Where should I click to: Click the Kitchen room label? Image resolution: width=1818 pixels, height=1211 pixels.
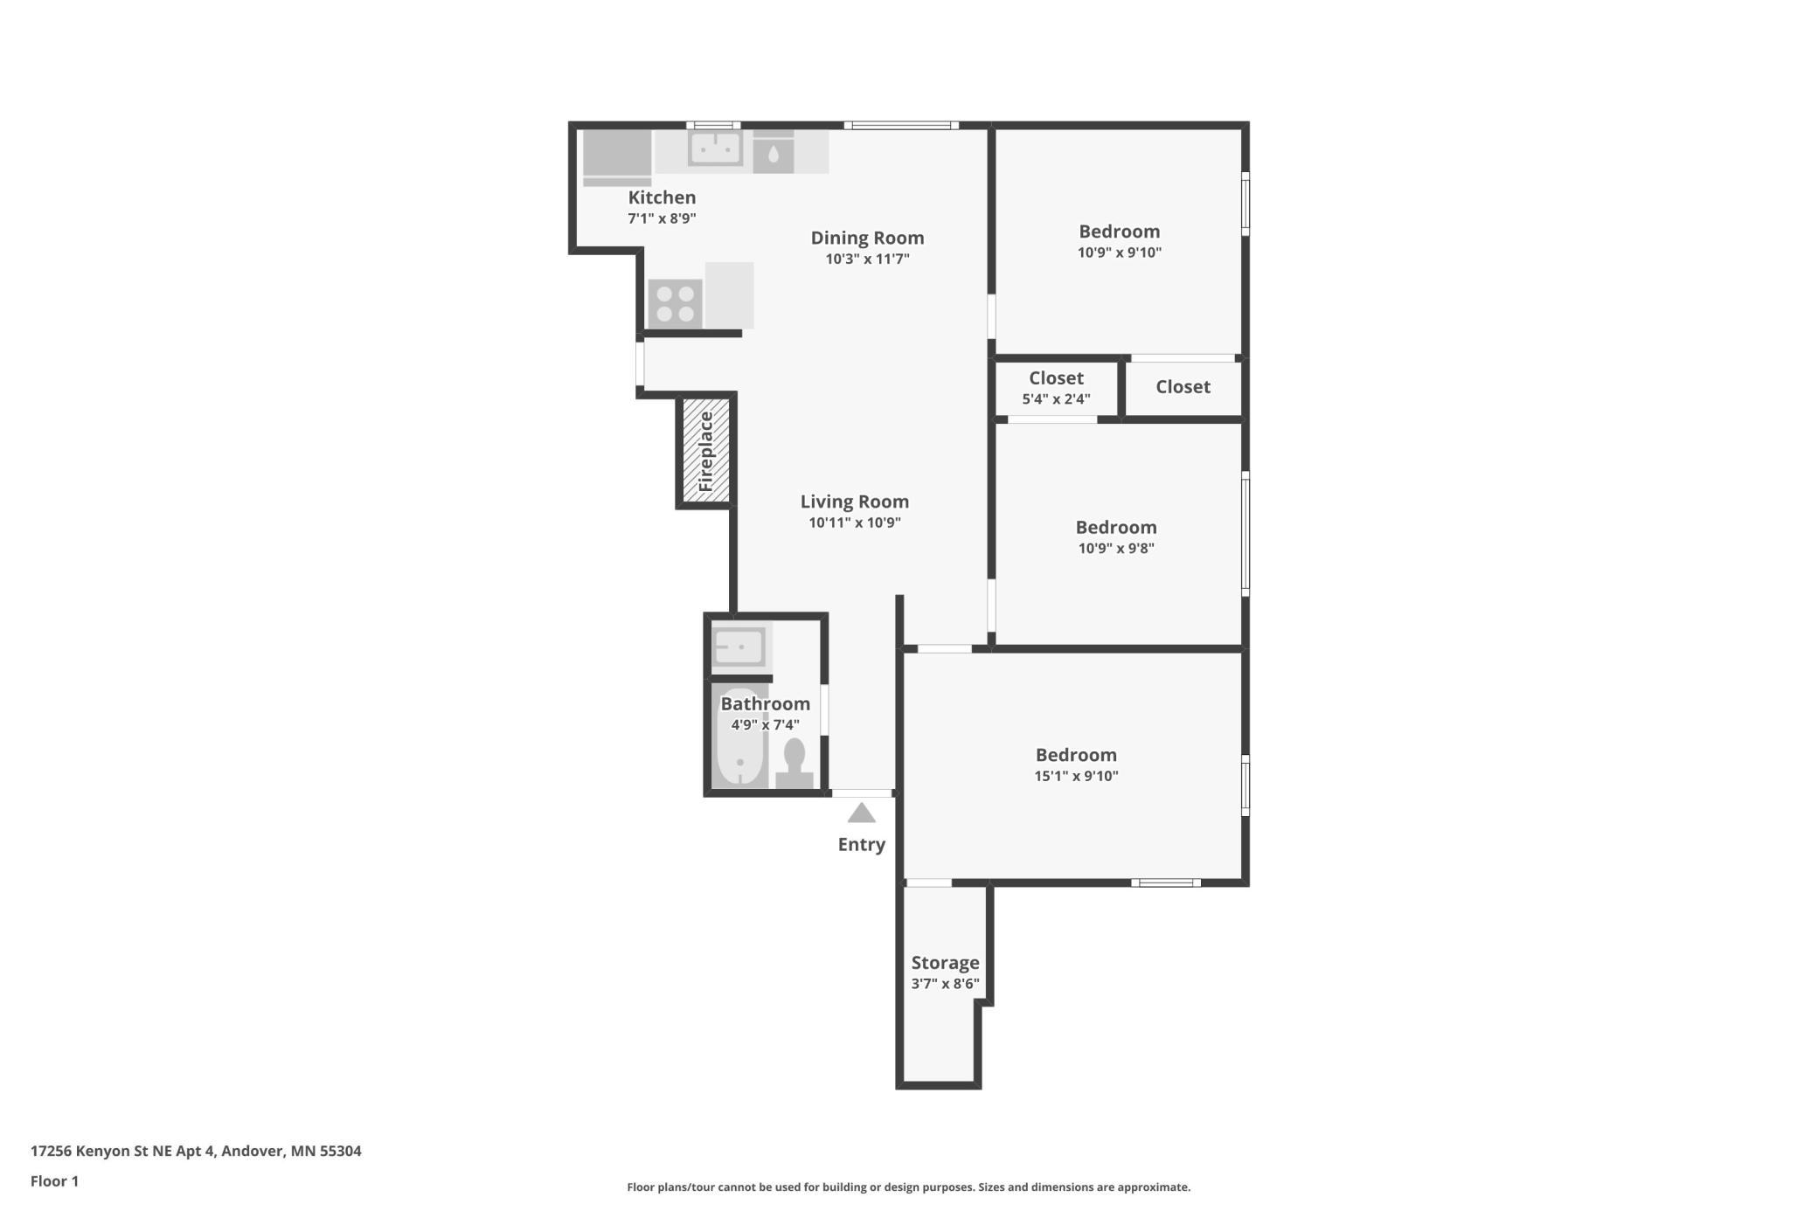[x=662, y=197]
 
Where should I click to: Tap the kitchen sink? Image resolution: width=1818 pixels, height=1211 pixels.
[x=715, y=148]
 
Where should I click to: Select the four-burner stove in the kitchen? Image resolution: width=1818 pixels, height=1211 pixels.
[x=675, y=303]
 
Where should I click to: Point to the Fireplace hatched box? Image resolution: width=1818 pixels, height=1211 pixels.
[x=705, y=451]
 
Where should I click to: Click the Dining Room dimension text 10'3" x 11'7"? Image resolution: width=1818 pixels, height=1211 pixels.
[x=867, y=259]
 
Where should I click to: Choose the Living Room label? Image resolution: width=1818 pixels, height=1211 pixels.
[x=854, y=502]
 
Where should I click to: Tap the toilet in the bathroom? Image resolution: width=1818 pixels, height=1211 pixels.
[x=795, y=763]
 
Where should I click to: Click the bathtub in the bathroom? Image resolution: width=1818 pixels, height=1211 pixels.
[x=740, y=736]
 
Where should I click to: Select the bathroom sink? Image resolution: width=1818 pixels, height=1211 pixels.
[x=739, y=647]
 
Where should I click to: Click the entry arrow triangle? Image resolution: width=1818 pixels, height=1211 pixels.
[x=861, y=813]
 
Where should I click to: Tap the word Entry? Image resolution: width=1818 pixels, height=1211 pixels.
[x=861, y=844]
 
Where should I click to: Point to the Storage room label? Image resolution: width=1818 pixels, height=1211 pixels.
[x=945, y=963]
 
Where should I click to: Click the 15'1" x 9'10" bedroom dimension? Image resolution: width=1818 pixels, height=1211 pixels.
[x=1076, y=776]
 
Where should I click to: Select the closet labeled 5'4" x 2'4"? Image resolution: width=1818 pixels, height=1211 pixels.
[x=1056, y=388]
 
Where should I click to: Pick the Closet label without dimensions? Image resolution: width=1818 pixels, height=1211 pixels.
[x=1183, y=386]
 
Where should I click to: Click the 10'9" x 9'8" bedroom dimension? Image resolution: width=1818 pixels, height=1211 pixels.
[x=1116, y=549]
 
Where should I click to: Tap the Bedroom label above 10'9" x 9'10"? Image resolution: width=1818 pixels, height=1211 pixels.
[x=1119, y=232]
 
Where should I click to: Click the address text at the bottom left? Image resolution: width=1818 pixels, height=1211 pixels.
[x=196, y=1151]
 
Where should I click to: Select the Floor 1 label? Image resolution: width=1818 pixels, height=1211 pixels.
[x=54, y=1181]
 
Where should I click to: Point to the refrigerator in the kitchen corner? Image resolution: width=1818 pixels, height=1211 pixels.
[x=617, y=157]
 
